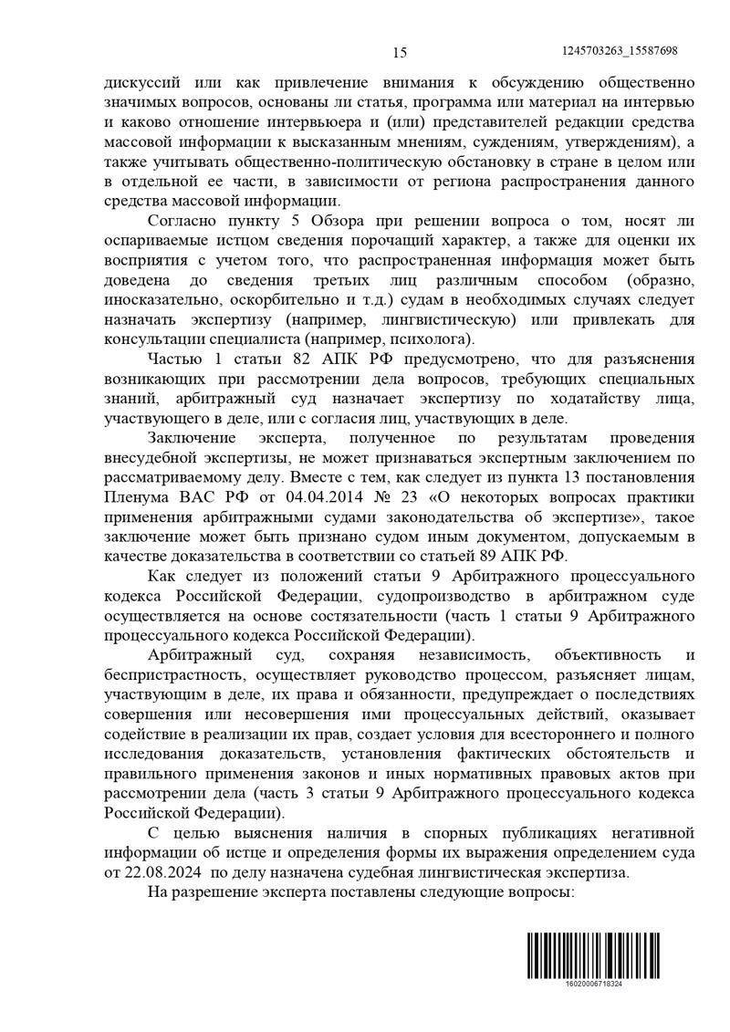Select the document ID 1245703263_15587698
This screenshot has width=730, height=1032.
pos(620,51)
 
